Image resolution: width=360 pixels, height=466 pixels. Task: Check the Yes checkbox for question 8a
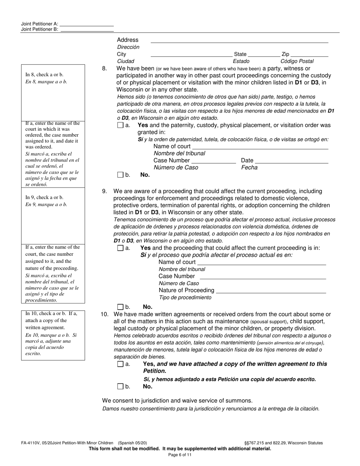[121, 125]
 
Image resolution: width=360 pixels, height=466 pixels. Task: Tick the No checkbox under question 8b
[121, 175]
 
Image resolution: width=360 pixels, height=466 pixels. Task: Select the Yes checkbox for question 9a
[121, 248]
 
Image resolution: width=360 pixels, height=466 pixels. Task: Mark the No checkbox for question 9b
[121, 307]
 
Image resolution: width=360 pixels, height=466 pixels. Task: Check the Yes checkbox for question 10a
[121, 364]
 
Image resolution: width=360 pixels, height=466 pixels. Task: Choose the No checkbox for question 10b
[121, 387]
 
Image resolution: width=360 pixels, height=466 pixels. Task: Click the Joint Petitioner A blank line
[87, 24]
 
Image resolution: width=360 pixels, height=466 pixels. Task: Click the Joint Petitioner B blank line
[87, 29]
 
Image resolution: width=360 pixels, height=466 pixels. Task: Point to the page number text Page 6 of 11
[180, 455]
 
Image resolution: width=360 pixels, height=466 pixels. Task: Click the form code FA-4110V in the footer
[32, 443]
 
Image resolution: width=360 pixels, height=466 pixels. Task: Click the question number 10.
[105, 314]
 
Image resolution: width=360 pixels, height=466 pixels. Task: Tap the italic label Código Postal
[297, 61]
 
